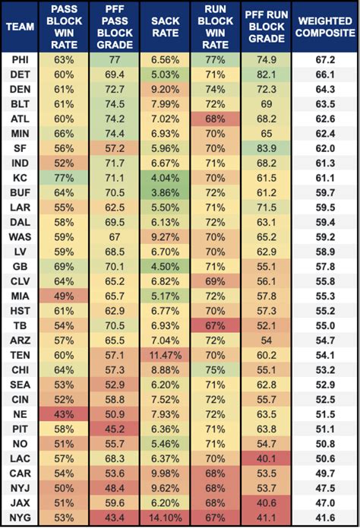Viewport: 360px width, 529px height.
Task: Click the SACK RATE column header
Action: click(x=165, y=27)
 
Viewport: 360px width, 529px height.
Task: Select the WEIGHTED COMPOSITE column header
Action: click(x=325, y=27)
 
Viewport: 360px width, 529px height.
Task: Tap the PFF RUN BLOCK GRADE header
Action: click(x=267, y=27)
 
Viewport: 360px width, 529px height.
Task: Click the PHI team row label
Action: click(x=21, y=60)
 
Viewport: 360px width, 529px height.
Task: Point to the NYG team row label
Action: click(x=21, y=518)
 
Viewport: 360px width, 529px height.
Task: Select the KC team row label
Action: click(x=21, y=178)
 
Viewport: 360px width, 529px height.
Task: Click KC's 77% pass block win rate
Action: click(x=64, y=178)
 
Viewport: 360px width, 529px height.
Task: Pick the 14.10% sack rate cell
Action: click(x=165, y=518)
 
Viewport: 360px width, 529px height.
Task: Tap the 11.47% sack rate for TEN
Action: click(x=165, y=355)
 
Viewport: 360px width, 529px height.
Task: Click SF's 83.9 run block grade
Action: click(x=267, y=148)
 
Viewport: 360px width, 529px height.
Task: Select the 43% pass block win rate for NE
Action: click(x=64, y=414)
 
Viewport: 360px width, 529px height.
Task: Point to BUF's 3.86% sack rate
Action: click(x=165, y=192)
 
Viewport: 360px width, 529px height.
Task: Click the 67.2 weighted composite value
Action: click(x=325, y=60)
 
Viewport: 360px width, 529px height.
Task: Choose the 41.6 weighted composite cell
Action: click(x=325, y=518)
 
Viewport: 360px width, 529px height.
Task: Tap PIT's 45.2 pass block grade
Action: click(x=115, y=429)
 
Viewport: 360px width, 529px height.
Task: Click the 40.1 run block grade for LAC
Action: click(x=267, y=458)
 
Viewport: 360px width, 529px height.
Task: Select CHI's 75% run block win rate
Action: click(x=216, y=370)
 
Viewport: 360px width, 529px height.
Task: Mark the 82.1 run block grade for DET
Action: click(x=267, y=74)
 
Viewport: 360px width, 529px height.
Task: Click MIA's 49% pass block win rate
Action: click(x=64, y=296)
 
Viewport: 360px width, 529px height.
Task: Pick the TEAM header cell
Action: click(x=21, y=27)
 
